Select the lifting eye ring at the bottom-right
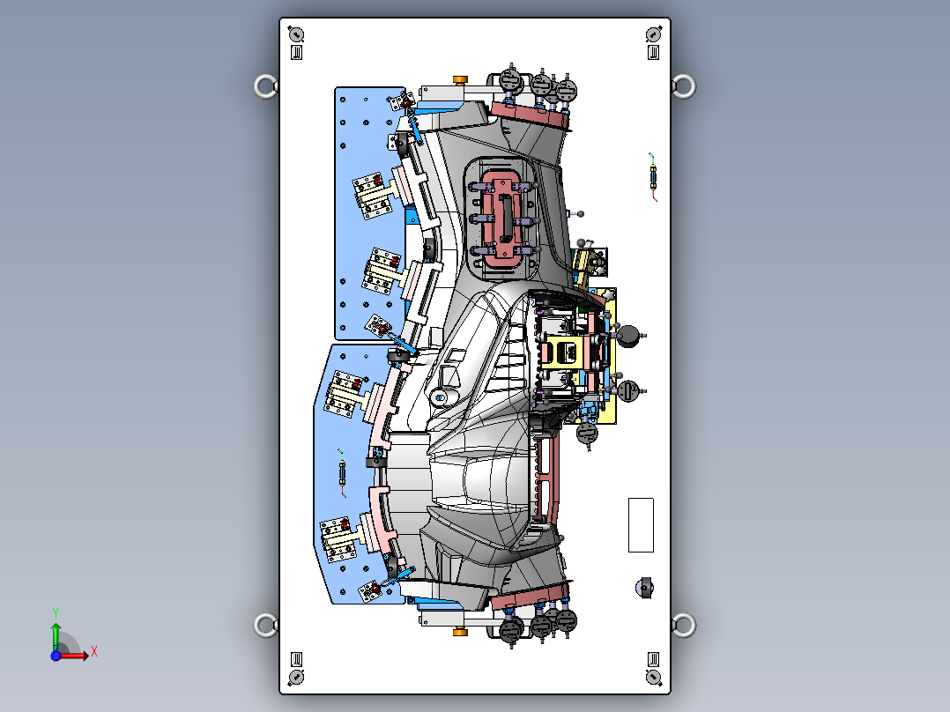pyautogui.click(x=683, y=625)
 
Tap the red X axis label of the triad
pyautogui.click(x=94, y=652)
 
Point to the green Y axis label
pyautogui.click(x=55, y=611)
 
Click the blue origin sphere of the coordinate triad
pyautogui.click(x=56, y=656)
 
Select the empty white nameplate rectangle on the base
pyautogui.click(x=641, y=524)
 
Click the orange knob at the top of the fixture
pyautogui.click(x=460, y=81)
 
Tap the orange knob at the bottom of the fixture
pyautogui.click(x=459, y=631)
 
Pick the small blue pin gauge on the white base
pyautogui.click(x=653, y=178)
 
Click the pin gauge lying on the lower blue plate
pyautogui.click(x=343, y=471)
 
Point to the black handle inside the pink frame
pyautogui.click(x=505, y=218)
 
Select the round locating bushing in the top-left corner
pyautogui.click(x=296, y=35)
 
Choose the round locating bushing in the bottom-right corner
pyautogui.click(x=653, y=676)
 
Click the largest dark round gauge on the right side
pyautogui.click(x=629, y=335)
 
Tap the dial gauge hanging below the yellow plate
pyautogui.click(x=587, y=433)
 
